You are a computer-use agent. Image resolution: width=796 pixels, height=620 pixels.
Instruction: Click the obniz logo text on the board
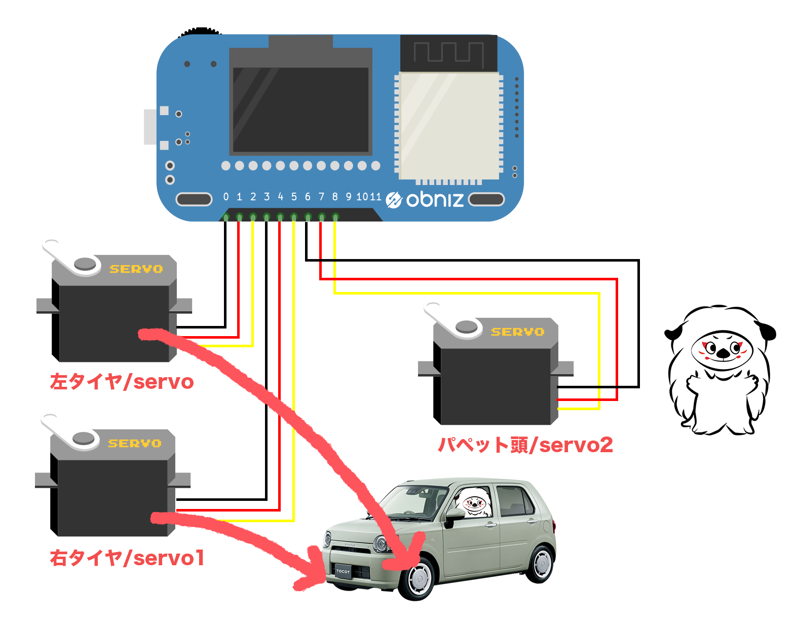pos(434,199)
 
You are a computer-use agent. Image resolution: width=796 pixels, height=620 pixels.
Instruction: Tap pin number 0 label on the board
pos(226,197)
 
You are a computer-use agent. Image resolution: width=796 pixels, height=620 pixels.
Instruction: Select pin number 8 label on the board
pos(335,197)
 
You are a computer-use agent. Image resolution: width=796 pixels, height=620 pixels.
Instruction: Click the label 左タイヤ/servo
pos(122,382)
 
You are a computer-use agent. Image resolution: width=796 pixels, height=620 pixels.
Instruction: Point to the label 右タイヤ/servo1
pos(127,558)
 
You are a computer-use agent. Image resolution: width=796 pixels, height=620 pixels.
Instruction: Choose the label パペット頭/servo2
pos(525,445)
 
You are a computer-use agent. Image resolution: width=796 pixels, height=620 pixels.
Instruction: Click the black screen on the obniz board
pos(300,110)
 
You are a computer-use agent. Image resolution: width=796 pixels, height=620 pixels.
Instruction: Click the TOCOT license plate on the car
pos(343,571)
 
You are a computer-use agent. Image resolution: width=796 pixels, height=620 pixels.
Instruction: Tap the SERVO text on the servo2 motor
pos(517,332)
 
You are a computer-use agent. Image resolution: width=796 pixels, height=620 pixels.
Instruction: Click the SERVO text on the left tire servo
pos(136,269)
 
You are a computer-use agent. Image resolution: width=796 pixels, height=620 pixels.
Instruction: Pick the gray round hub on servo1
pos(84,439)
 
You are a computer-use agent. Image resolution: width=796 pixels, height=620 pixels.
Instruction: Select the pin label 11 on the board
pos(374,197)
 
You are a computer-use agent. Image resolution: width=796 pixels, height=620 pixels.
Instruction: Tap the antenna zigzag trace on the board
pos(448,53)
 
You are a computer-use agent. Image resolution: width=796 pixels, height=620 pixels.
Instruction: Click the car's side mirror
pos(454,514)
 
